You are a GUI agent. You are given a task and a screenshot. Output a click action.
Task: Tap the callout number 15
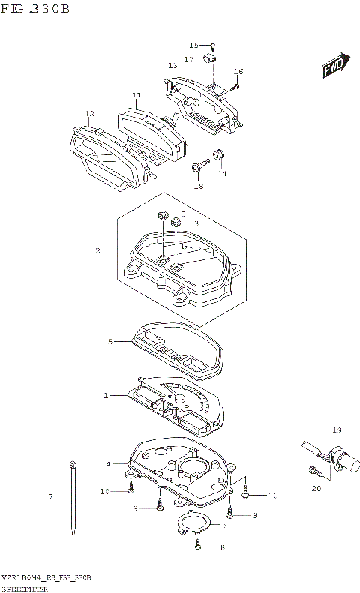tap(193, 45)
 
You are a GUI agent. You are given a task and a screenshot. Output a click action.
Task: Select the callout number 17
tap(189, 58)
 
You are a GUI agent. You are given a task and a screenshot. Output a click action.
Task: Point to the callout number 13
tap(172, 65)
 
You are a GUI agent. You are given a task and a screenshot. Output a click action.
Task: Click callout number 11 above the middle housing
tap(136, 96)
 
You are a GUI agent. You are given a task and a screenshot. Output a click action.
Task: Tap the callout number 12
tap(89, 114)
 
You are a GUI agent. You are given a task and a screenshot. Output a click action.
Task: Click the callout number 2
tap(97, 250)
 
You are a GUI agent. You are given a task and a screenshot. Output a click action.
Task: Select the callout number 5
tap(109, 342)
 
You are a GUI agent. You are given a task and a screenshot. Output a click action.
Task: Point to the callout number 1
tap(106, 394)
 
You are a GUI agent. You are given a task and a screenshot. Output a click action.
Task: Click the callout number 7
tap(50, 497)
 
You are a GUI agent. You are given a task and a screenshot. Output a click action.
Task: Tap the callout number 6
tap(223, 526)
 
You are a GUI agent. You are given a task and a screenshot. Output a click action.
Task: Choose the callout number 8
tap(223, 548)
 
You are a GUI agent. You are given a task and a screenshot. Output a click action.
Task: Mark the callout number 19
tap(337, 430)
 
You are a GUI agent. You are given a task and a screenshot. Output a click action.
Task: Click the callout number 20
tap(316, 488)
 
